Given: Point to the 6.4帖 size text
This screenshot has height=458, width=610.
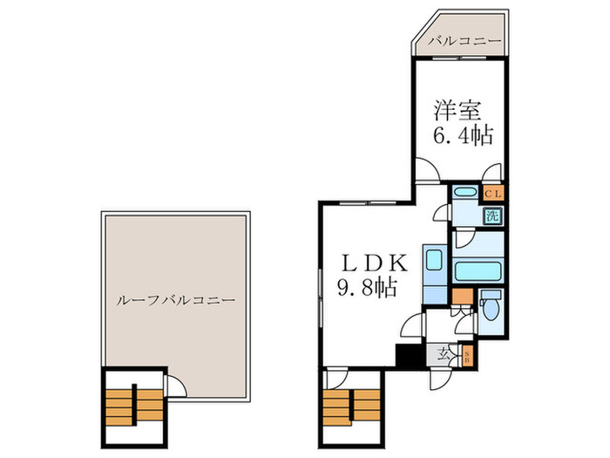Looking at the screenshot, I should (x=463, y=136).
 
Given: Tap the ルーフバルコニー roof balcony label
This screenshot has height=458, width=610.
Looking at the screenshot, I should (x=174, y=299).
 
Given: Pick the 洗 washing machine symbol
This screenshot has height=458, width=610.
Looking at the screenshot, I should (x=491, y=216).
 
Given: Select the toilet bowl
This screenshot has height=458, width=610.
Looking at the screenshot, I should (x=491, y=308).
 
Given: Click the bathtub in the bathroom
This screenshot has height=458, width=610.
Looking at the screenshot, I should (x=478, y=270).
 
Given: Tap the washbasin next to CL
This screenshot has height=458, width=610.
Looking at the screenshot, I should (x=465, y=194).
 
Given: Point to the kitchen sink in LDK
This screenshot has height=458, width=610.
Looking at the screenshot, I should (x=433, y=263).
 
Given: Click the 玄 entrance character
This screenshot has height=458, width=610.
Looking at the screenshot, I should (x=445, y=354).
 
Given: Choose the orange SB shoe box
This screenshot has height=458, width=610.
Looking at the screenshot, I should (x=466, y=356).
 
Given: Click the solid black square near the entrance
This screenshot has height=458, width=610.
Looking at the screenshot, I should (x=405, y=357).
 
